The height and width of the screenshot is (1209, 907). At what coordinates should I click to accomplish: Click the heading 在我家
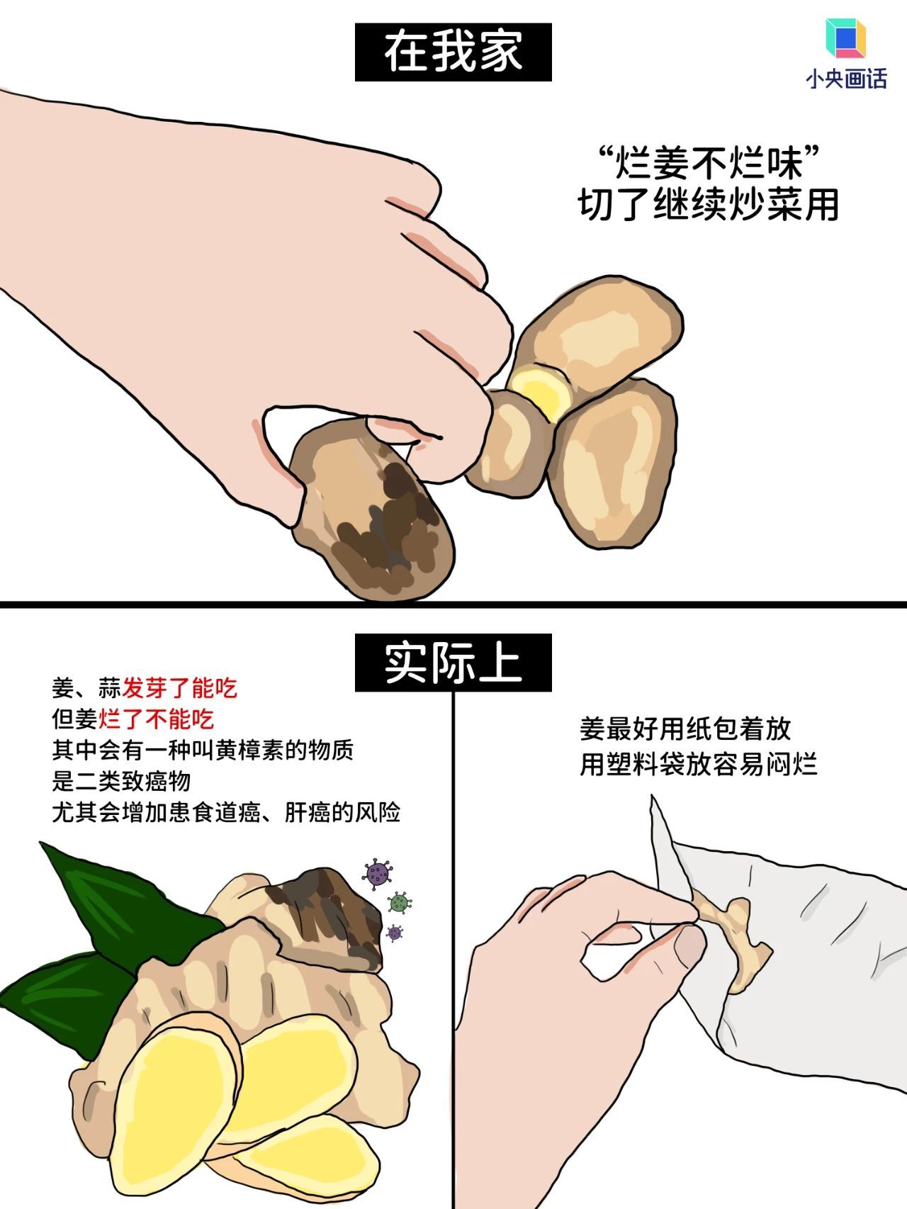[x=453, y=52]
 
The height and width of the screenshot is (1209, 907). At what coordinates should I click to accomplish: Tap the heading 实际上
[x=453, y=663]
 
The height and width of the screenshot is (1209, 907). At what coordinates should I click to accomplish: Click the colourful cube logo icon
[x=845, y=39]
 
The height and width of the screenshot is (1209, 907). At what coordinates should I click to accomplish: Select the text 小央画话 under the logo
[x=846, y=79]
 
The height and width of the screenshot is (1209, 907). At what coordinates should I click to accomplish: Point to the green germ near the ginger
[x=400, y=902]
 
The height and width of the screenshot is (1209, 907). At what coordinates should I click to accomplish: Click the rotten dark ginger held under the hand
[x=376, y=510]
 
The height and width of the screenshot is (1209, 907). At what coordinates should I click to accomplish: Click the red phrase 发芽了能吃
[x=179, y=687]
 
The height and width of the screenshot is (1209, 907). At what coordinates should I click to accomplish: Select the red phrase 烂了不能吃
[x=156, y=719]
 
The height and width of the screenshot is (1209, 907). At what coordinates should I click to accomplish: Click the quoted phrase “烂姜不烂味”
[x=709, y=163]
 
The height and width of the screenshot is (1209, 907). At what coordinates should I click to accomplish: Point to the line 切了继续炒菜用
[x=709, y=205]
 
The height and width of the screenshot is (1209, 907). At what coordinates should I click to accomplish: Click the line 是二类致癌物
[x=121, y=781]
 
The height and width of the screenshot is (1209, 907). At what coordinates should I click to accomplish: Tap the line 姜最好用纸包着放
[x=685, y=729]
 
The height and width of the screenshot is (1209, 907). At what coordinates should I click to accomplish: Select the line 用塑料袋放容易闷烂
[x=698, y=765]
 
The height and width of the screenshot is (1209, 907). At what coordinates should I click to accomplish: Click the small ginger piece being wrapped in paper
[x=737, y=935]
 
